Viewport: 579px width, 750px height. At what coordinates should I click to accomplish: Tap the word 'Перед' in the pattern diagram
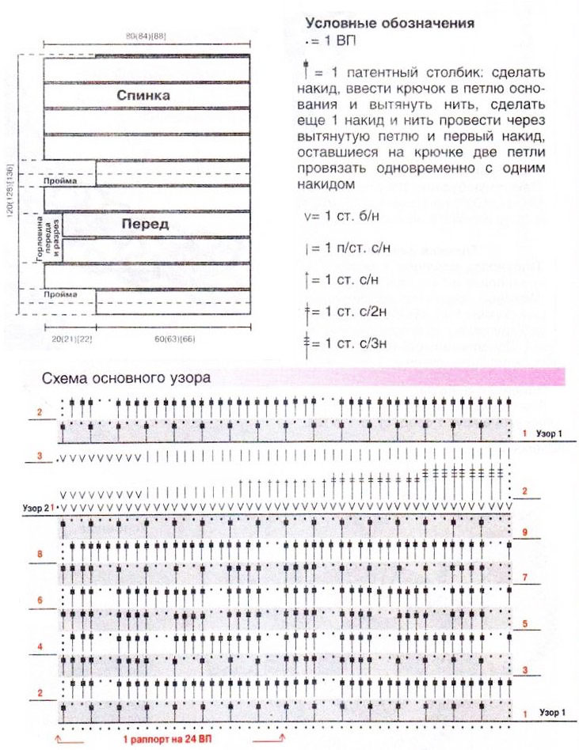[145, 224]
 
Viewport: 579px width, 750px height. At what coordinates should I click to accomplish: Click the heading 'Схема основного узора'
[125, 378]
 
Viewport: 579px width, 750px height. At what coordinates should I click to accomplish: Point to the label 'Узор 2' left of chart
[36, 506]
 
